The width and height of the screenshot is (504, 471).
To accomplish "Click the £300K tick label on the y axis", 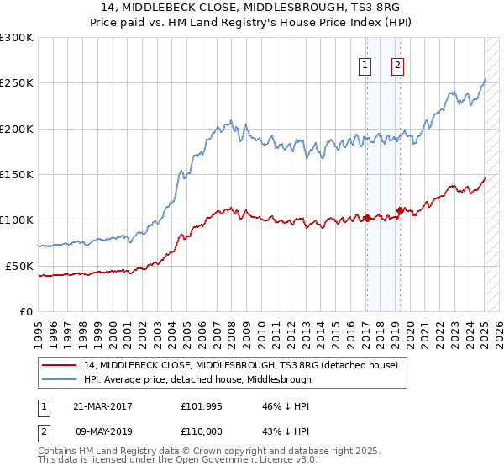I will pyautogui.click(x=17, y=38).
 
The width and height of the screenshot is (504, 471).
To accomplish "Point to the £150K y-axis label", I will pyautogui.click(x=17, y=175).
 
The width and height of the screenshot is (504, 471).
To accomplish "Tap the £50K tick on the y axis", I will pyautogui.click(x=19, y=266).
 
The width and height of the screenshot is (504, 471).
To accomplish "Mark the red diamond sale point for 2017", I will pyautogui.click(x=367, y=218).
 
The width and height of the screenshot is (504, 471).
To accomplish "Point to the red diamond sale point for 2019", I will pyautogui.click(x=400, y=210).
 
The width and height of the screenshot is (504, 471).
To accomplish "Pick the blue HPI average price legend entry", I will pyautogui.click(x=197, y=379).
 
